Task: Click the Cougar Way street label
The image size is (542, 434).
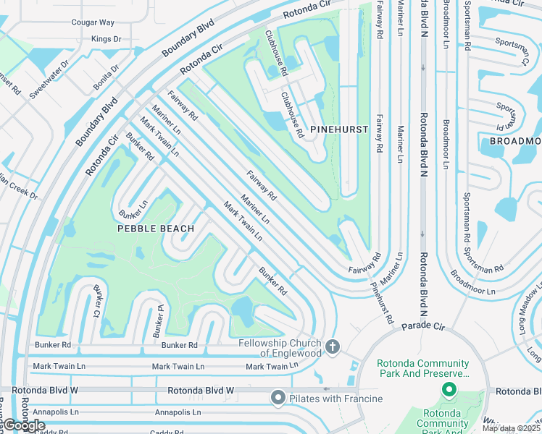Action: point(93,22)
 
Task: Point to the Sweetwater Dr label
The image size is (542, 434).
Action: point(49,80)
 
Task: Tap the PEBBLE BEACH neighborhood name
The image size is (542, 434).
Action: point(156,229)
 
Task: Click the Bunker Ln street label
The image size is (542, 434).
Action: point(133,209)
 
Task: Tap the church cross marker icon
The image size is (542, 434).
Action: point(333,347)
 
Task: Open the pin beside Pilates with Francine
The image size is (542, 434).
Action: point(278,398)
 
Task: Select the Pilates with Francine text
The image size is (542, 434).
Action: point(335,399)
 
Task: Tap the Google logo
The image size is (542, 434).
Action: point(24,425)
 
